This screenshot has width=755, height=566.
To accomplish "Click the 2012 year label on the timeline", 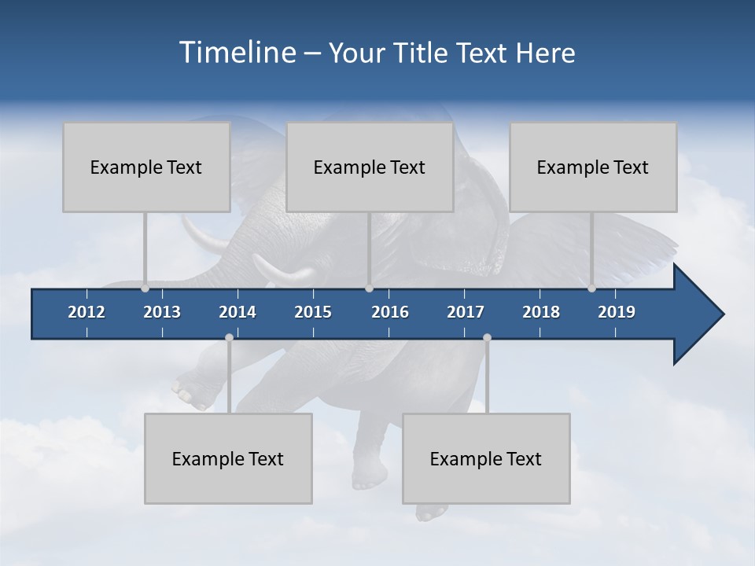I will point(87,312).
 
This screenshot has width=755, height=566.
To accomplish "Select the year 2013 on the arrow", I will point(162,312).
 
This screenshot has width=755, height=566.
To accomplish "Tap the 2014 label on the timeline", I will point(238,312).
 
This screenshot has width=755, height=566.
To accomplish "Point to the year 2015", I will point(313,312).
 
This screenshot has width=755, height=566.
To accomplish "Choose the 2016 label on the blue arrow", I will point(390,312).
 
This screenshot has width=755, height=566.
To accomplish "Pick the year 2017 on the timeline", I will point(466,312).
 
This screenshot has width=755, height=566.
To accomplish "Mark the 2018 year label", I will point(541,312).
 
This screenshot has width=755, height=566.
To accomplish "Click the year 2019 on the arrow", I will point(617,312).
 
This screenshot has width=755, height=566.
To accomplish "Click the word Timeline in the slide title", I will point(236,53).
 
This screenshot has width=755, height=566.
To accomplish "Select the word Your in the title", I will point(353,53).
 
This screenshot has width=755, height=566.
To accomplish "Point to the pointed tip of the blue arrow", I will point(722,314).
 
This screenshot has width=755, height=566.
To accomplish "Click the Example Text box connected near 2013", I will point(146,167).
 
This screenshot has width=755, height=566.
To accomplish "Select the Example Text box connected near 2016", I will point(370,167).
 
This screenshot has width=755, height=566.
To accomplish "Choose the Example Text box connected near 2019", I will point(593,167).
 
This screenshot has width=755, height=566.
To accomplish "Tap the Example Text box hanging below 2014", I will point(228,458).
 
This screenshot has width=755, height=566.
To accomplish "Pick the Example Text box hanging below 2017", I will point(486,458).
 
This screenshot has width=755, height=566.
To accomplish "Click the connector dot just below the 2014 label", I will point(229,337).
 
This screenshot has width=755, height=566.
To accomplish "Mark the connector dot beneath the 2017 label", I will point(487,337).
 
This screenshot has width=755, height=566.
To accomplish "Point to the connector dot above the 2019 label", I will point(591,289).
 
